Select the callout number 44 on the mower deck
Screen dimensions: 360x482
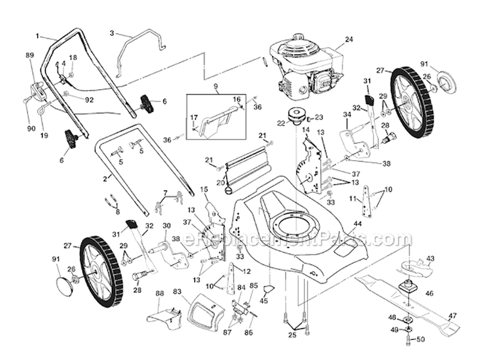357,223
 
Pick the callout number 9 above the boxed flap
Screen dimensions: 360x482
217,86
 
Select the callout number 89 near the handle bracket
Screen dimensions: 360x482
29,56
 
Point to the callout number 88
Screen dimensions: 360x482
159,293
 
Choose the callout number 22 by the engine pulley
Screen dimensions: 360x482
281,123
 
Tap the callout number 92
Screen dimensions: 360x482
89,100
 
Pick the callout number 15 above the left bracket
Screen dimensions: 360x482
204,189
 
